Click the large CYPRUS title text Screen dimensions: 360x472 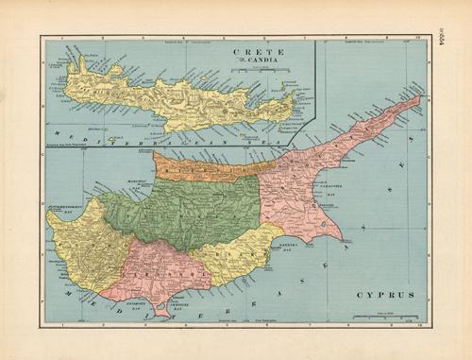[x=385, y=295]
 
